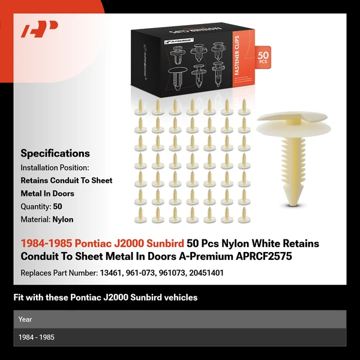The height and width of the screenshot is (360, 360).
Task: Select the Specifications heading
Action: (55, 153)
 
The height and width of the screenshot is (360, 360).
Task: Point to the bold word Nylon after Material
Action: (63, 220)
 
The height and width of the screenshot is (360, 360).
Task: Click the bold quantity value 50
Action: (58, 207)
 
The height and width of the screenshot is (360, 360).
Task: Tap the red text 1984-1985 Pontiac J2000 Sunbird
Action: (102, 244)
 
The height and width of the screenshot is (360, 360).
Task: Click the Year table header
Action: (25, 319)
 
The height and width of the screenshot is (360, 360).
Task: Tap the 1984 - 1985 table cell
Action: (36, 337)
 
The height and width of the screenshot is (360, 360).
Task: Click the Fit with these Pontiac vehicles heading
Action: (106, 297)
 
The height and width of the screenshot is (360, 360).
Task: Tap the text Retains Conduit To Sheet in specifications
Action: (67, 181)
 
